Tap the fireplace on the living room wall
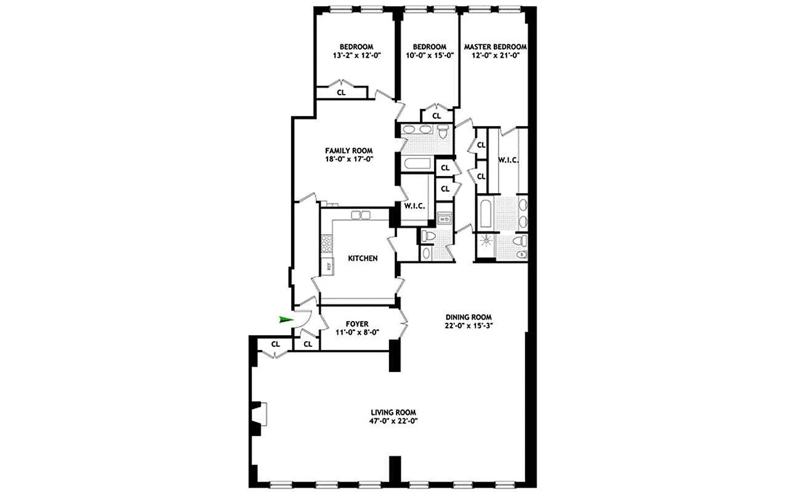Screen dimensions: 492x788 pyautogui.click(x=259, y=413)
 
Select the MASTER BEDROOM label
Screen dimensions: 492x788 pyautogui.click(x=495, y=47)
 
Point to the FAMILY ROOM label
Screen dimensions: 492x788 pyautogui.click(x=349, y=151)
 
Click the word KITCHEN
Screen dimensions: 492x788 pyautogui.click(x=363, y=258)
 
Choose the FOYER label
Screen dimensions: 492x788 pyautogui.click(x=357, y=324)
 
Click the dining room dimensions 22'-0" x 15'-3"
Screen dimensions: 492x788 pyautogui.click(x=468, y=327)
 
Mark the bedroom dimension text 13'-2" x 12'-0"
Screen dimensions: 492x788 pyautogui.click(x=356, y=55)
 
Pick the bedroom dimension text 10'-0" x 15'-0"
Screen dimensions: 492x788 pyautogui.click(x=429, y=55)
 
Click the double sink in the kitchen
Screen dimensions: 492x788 pyautogui.click(x=360, y=215)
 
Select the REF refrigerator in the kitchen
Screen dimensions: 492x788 pyautogui.click(x=329, y=266)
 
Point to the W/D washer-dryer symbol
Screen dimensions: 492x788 pyautogui.click(x=444, y=218)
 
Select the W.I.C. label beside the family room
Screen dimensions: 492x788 pyautogui.click(x=415, y=205)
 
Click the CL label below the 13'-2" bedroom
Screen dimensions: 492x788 pyautogui.click(x=341, y=92)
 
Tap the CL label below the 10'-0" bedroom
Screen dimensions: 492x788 pyautogui.click(x=436, y=115)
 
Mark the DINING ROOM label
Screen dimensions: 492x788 pyautogui.click(x=468, y=317)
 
